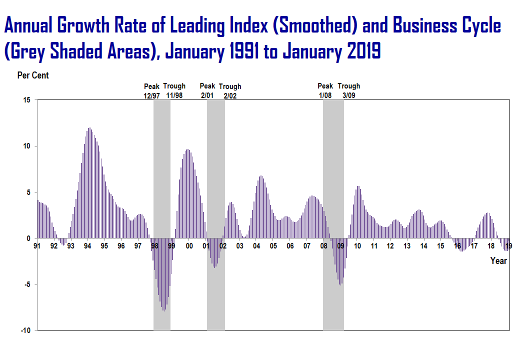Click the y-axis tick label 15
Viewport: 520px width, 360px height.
click(26, 100)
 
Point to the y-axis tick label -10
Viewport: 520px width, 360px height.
click(25, 330)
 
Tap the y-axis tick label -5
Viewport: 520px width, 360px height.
click(26, 284)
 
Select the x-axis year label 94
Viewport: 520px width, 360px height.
click(87, 246)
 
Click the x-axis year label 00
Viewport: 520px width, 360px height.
click(189, 246)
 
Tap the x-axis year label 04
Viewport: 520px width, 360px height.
click(256, 246)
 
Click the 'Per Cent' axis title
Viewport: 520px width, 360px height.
click(33, 75)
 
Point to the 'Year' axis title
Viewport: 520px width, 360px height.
click(498, 260)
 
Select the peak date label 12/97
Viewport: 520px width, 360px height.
click(151, 95)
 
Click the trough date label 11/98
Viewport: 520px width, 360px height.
click(174, 95)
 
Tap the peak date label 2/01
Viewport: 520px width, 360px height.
click(207, 95)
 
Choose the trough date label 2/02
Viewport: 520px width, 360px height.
click(230, 95)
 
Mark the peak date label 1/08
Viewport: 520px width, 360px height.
click(325, 95)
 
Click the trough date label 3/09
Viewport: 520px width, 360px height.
click(348, 95)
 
